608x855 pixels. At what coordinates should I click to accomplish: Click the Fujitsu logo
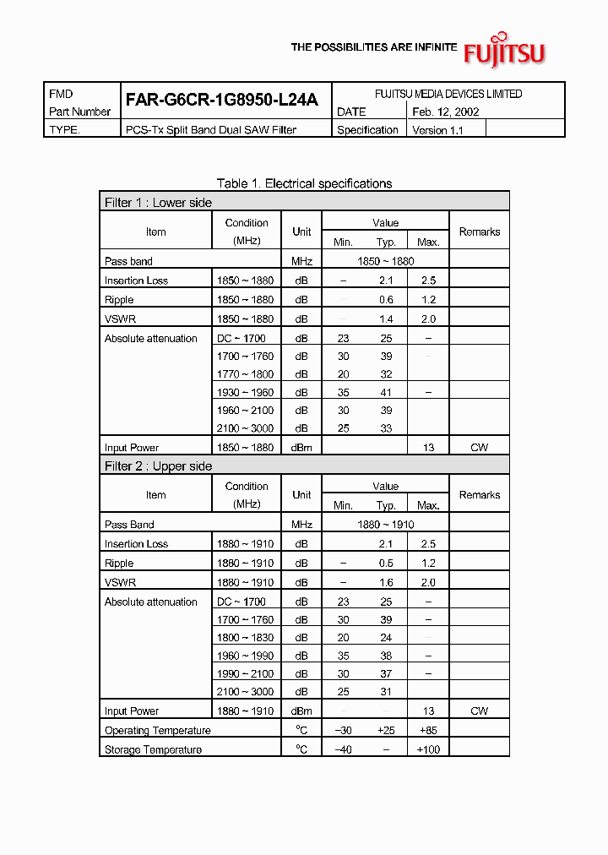click(x=504, y=52)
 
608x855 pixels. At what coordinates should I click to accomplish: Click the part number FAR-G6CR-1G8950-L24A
click(x=221, y=100)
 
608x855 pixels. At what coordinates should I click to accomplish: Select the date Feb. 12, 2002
click(x=446, y=112)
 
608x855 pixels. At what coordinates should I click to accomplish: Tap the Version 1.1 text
click(x=437, y=130)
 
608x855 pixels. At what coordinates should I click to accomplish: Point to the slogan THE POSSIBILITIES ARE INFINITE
click(x=374, y=48)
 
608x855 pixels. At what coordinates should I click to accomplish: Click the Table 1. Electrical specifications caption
click(x=304, y=183)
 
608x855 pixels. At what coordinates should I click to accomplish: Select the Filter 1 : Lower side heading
click(x=159, y=203)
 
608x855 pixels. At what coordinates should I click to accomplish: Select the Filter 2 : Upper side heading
click(x=159, y=466)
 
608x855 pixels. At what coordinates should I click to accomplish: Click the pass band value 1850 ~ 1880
click(x=385, y=261)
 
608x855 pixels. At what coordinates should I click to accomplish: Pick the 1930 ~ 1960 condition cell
click(x=245, y=393)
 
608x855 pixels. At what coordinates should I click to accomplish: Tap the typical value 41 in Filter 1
click(x=386, y=393)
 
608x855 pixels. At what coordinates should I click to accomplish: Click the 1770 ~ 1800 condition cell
click(x=245, y=374)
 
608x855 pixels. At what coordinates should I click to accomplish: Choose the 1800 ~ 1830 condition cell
click(x=245, y=638)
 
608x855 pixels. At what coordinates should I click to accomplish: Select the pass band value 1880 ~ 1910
click(x=385, y=525)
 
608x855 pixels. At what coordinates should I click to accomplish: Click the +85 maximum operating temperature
click(x=428, y=730)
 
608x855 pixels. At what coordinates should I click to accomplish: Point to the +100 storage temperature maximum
click(x=428, y=749)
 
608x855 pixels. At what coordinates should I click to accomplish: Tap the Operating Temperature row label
click(x=158, y=730)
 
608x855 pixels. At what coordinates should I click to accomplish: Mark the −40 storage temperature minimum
click(x=343, y=749)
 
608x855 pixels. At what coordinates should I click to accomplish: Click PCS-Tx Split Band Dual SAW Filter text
click(x=211, y=130)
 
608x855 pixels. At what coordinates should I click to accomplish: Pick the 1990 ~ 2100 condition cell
click(x=245, y=674)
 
